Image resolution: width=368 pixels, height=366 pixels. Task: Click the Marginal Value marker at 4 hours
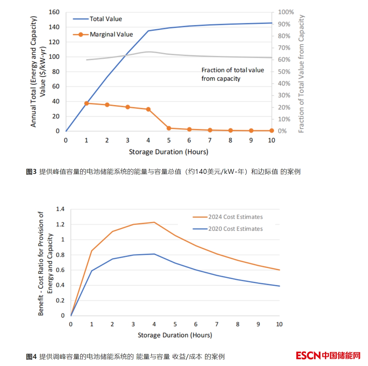point(148,109)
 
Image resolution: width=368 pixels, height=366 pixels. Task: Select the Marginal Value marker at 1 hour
point(86,103)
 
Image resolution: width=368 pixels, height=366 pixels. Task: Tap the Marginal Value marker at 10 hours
point(271,131)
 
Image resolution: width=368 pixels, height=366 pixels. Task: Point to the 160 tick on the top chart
point(54,12)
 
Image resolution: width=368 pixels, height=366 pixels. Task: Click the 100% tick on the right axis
point(286,12)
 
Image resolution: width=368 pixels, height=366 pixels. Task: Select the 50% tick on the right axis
point(284,72)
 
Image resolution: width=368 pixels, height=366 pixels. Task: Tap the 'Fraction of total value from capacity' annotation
point(232,74)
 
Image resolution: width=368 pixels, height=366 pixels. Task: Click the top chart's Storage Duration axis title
point(168,152)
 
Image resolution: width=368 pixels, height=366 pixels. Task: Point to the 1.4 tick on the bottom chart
point(60,209)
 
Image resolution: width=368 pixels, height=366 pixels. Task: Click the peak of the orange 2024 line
point(154,222)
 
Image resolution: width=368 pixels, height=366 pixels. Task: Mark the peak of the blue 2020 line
point(154,254)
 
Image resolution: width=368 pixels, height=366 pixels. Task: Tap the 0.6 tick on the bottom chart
point(60,270)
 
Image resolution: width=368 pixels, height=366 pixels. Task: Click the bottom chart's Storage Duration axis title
point(175,335)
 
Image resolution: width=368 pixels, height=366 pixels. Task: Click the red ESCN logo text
point(308,355)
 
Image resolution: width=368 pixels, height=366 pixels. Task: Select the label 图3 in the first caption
point(31,172)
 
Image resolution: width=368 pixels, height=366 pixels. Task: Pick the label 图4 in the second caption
point(31,357)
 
